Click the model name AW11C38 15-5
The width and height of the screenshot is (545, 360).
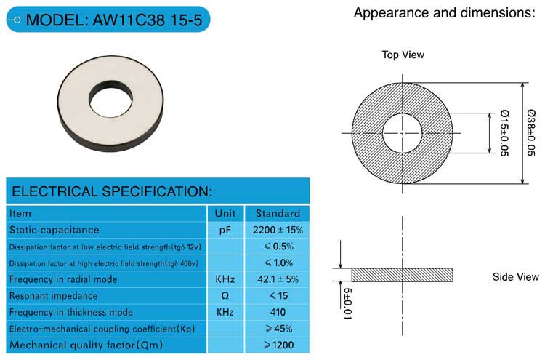click(148, 20)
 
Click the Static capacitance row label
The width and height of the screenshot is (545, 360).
click(54, 230)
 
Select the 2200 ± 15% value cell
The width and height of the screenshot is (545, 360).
click(278, 230)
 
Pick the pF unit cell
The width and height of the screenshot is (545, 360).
click(225, 231)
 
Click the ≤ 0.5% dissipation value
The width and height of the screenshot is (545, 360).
click(279, 247)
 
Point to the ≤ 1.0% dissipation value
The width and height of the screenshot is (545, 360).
click(279, 263)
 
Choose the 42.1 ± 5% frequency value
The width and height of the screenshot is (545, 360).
click(278, 279)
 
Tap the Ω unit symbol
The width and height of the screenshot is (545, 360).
click(225, 296)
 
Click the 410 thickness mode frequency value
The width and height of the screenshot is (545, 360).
click(278, 312)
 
